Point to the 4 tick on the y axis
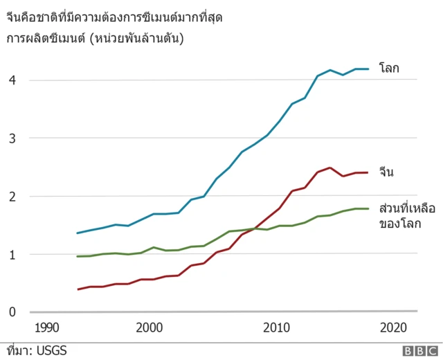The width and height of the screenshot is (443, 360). (x=12, y=80)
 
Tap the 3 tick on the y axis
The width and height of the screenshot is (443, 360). (x=12, y=138)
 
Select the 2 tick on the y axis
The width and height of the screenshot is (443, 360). (x=12, y=197)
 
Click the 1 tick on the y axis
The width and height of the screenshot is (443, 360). (x=12, y=255)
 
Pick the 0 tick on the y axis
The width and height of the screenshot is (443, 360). (x=12, y=312)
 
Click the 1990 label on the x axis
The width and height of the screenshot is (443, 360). (x=46, y=327)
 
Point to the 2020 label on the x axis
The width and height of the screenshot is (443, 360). (x=392, y=327)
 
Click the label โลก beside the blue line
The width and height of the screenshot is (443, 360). (x=390, y=68)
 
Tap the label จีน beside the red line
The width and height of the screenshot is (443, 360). (x=386, y=172)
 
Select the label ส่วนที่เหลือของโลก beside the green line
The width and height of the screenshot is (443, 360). (x=406, y=215)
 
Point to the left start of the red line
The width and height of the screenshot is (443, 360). (x=78, y=289)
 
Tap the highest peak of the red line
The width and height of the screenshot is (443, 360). (x=329, y=168)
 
